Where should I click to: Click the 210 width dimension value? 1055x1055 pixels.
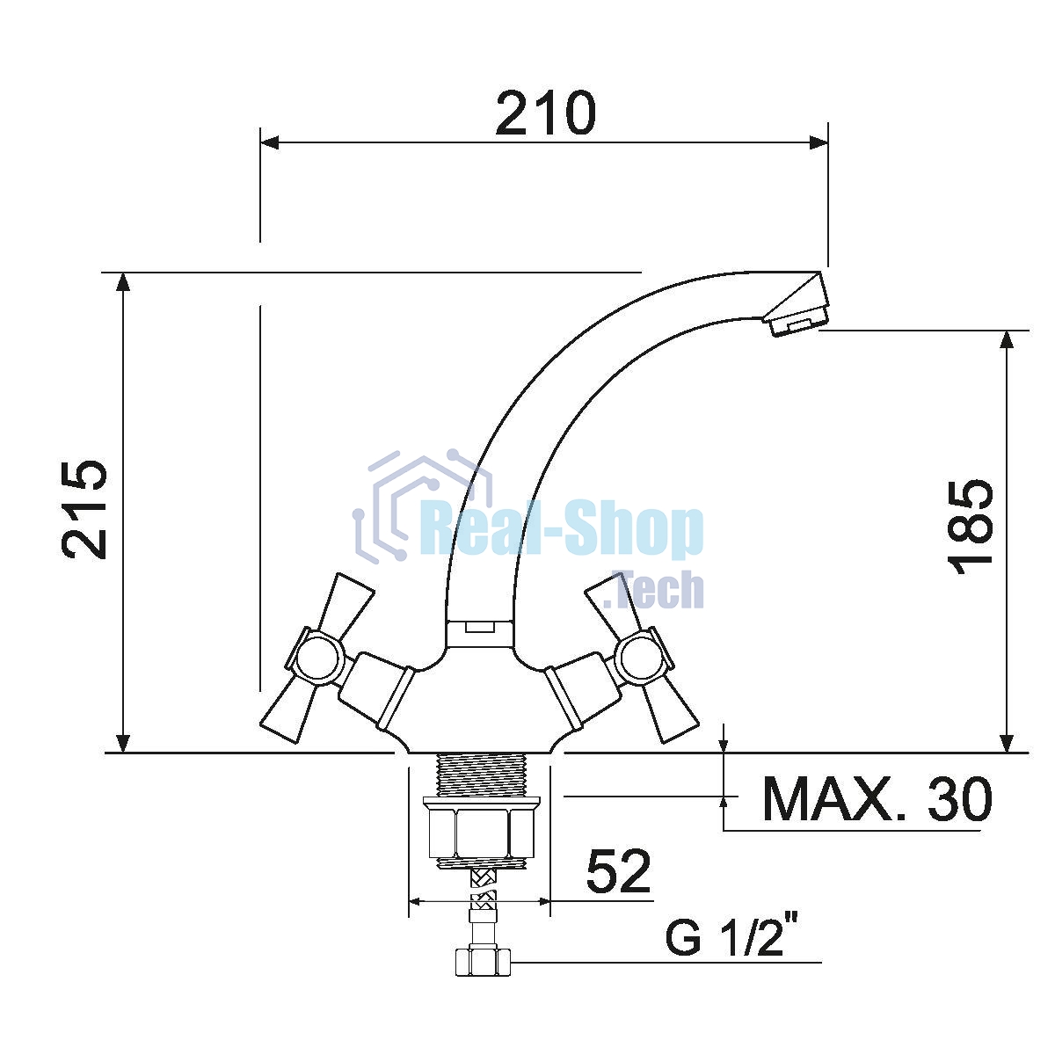545,113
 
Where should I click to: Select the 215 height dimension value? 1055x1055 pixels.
84,510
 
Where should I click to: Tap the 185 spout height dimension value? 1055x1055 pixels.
972,527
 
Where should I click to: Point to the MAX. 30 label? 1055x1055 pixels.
877,800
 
